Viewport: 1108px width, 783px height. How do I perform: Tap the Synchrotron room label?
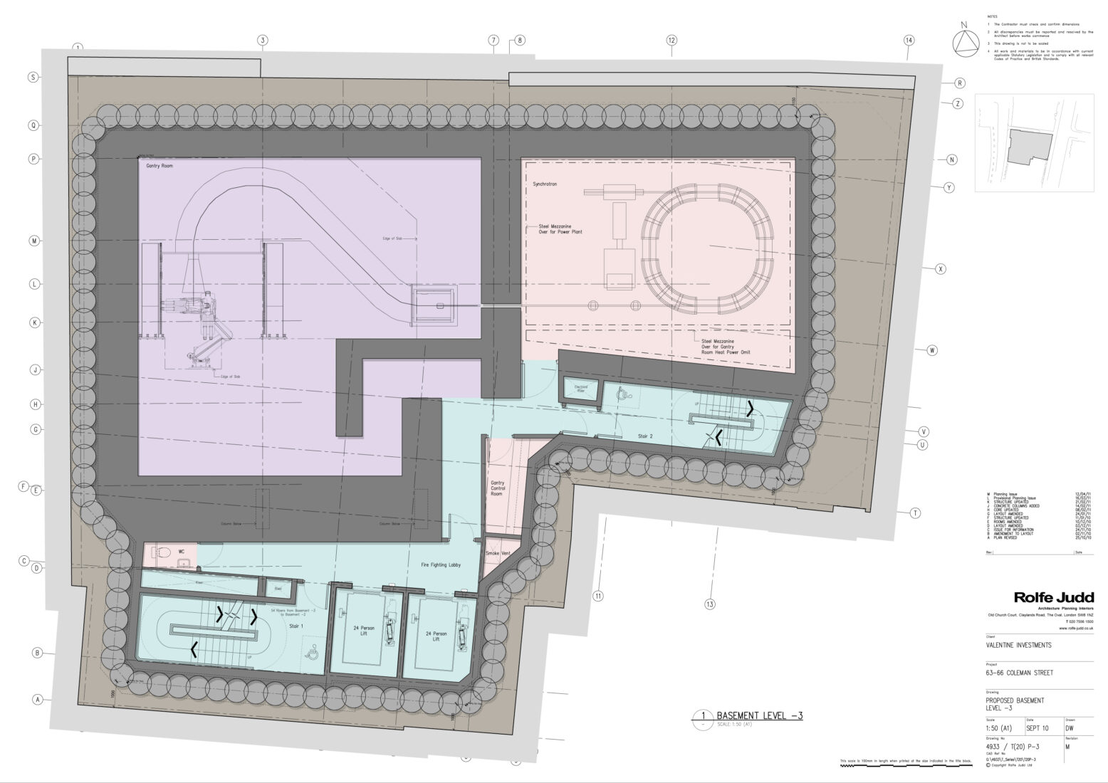545,184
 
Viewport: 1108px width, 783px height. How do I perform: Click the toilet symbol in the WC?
161,552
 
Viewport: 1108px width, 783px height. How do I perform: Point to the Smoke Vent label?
498,553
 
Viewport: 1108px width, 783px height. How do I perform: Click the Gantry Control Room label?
497,488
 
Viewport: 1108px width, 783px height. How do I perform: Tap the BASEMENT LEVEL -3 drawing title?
759,715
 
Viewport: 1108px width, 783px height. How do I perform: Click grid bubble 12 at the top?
671,41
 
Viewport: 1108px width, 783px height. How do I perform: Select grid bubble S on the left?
32,78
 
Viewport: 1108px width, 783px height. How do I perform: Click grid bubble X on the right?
940,269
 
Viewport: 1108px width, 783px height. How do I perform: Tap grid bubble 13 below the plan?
709,605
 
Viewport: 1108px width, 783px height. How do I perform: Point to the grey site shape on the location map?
1029,147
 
